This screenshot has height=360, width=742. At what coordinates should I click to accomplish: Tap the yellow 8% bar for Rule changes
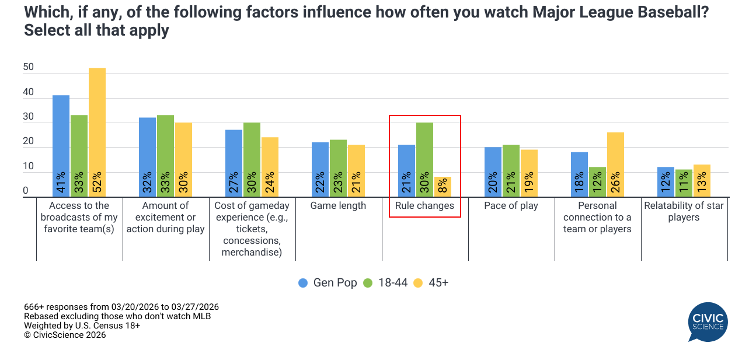tap(443, 187)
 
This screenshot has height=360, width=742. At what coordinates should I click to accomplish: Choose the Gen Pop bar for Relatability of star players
tap(666, 182)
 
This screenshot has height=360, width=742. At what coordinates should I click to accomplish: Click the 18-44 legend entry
tap(385, 283)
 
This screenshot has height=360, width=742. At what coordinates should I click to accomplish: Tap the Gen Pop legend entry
tap(328, 283)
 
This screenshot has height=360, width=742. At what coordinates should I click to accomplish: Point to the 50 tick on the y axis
tap(29, 68)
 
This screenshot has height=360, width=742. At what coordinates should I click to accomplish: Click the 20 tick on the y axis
tap(29, 142)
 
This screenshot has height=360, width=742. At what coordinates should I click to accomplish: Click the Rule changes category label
tap(424, 205)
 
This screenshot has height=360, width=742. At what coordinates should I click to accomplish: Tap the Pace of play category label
tap(511, 205)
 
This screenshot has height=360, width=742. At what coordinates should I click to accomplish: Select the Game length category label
tap(338, 205)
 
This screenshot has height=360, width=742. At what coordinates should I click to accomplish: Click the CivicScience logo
tap(708, 321)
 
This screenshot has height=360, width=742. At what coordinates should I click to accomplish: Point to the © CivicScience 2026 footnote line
tap(65, 335)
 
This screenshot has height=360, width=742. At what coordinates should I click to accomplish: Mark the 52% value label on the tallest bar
tap(97, 182)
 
